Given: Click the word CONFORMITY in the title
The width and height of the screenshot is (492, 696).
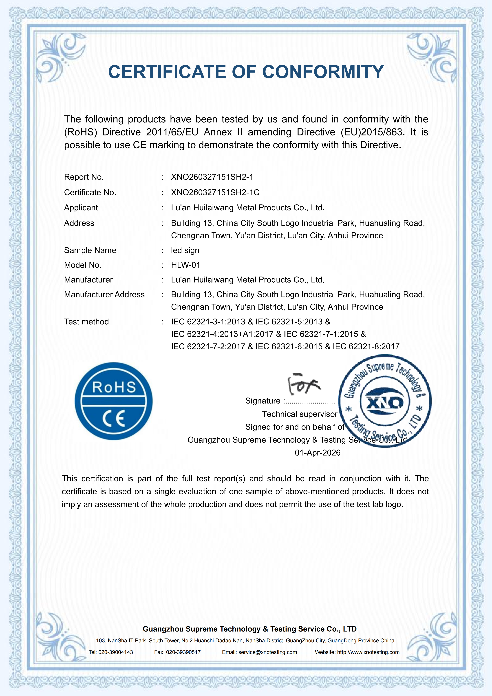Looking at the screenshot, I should [x=323, y=72].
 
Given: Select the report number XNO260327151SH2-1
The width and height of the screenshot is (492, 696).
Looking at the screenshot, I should [x=212, y=177].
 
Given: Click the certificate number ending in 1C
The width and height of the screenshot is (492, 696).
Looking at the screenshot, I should [x=215, y=193].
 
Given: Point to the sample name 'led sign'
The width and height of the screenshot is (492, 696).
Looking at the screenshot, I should [x=185, y=250].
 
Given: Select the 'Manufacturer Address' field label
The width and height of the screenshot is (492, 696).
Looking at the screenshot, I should [x=104, y=295].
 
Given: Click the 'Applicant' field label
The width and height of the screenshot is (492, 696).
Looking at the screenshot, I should [x=81, y=208].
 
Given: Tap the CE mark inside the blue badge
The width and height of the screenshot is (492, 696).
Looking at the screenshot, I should [x=114, y=419].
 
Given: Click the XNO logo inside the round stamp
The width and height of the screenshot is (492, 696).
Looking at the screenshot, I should [x=384, y=402].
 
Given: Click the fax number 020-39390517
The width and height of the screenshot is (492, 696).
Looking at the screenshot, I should [x=183, y=652].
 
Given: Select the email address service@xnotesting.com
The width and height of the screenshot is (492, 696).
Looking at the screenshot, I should [x=267, y=652].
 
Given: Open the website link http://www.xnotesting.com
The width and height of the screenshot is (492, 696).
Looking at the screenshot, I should [x=368, y=652].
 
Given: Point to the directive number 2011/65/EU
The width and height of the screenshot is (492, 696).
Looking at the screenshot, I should [x=172, y=132].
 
